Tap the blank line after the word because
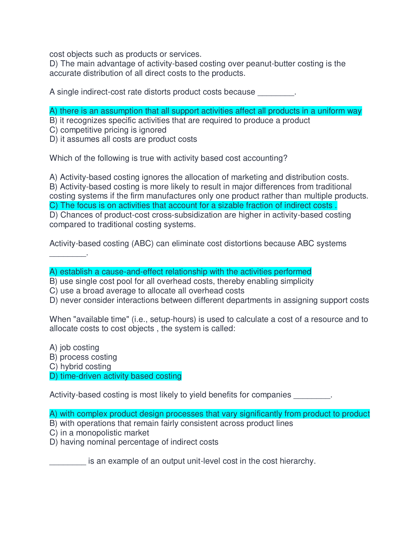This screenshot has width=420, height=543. tap(276, 92)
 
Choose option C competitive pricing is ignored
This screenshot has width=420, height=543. tap(108, 130)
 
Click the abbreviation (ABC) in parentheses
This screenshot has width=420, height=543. tap(143, 244)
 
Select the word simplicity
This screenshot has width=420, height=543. tap(296, 281)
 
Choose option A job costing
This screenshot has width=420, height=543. tap(74, 348)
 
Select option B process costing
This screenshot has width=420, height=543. tap(83, 357)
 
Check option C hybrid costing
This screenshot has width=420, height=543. tap(80, 367)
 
